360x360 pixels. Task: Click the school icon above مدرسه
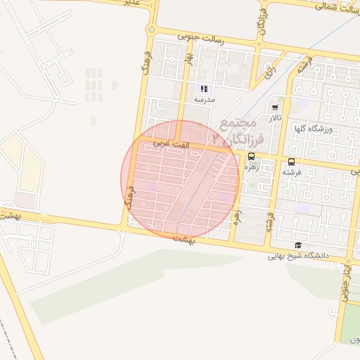204,89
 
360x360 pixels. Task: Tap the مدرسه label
204,101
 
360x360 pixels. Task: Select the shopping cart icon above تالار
274,108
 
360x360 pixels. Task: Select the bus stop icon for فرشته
292,162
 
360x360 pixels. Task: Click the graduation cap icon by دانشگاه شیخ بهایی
298,245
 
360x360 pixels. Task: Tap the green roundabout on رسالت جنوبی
151,30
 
